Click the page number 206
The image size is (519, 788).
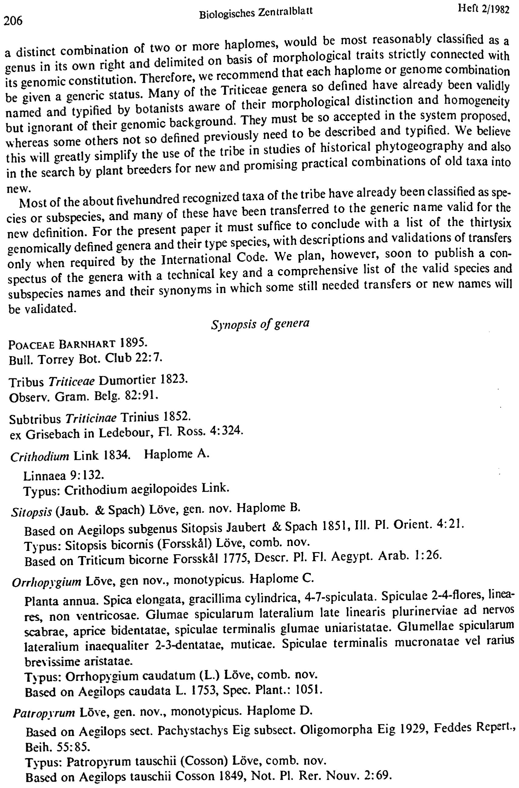[13, 21]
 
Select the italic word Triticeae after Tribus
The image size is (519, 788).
[72, 381]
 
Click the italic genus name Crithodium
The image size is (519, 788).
[39, 457]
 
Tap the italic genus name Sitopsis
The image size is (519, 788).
[32, 512]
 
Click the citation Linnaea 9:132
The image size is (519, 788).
[64, 475]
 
